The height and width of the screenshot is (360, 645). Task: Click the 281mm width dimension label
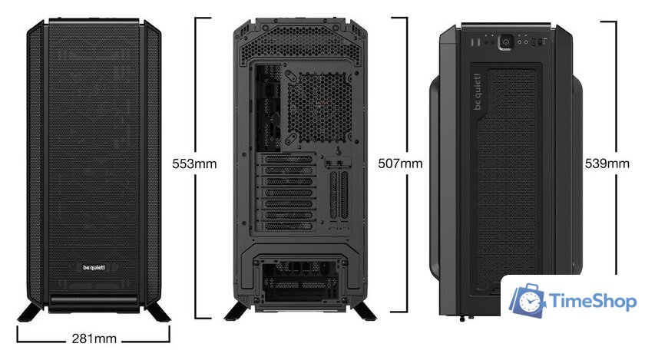[94, 339]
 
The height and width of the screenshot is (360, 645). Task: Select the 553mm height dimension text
[194, 163]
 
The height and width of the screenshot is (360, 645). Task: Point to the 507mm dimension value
[400, 163]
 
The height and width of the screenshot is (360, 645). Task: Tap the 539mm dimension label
[607, 163]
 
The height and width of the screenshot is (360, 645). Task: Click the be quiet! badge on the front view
[94, 268]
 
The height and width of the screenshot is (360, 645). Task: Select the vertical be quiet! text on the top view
[478, 92]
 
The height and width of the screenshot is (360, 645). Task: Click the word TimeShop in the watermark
[593, 301]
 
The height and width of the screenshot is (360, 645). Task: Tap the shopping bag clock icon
[528, 300]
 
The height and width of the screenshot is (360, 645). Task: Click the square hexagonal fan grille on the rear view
[319, 107]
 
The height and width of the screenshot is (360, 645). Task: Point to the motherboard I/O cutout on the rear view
[268, 107]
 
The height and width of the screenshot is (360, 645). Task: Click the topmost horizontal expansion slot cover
[289, 160]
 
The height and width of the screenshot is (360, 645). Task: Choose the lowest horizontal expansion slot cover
[289, 226]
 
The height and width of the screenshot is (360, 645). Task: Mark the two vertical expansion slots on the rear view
[339, 195]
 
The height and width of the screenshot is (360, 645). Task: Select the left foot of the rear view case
[237, 311]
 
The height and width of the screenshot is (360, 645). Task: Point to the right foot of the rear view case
[364, 311]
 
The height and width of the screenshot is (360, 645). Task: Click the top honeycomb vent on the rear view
[301, 44]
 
